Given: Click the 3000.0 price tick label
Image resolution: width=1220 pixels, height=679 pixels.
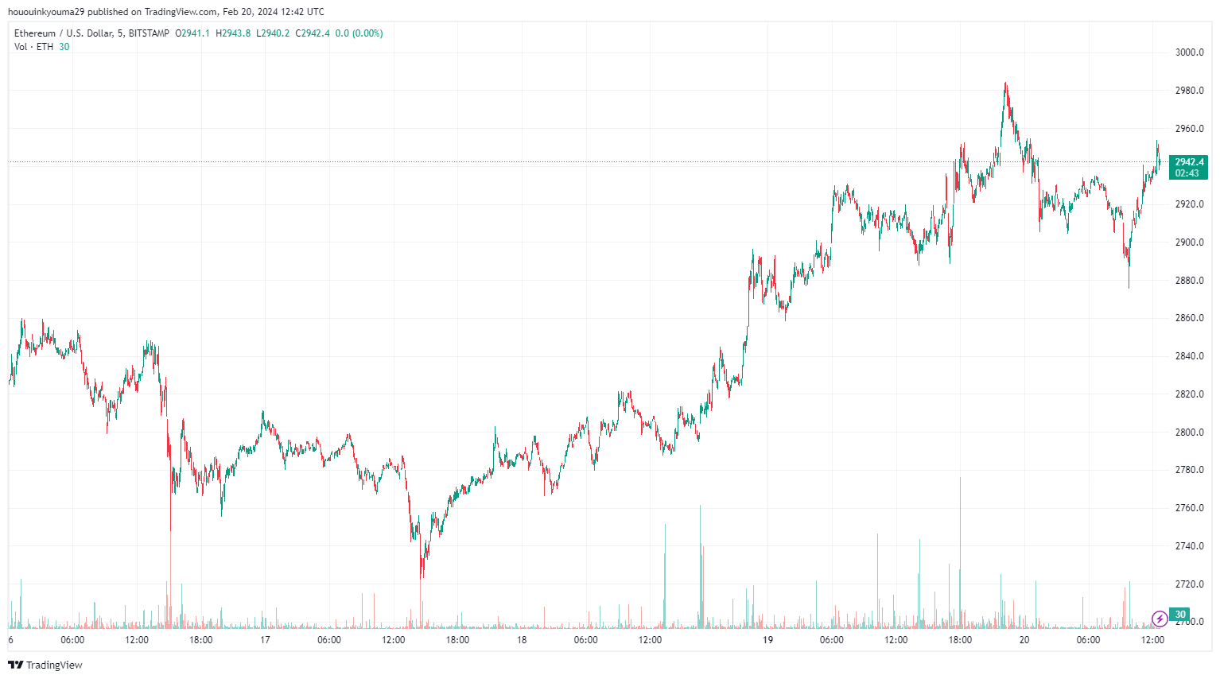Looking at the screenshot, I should pos(1189,52).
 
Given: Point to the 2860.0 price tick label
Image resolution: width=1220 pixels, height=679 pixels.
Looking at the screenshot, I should pos(1189,318).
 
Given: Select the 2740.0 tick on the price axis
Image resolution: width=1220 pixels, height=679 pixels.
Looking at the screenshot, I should pos(1189,546).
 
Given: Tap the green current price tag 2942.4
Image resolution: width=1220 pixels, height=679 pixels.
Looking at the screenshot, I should pos(1188,162).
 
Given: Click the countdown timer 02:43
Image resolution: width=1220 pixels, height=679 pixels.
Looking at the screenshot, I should pos(1187,173).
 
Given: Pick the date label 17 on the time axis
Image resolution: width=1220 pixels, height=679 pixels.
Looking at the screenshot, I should pos(265,640).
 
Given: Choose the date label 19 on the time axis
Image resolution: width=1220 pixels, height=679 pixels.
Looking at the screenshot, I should pos(767,640).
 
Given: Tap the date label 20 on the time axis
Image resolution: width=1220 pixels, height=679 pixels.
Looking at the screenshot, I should pos(1024,640).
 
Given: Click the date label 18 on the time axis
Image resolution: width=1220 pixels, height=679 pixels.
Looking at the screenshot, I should pos(522,640).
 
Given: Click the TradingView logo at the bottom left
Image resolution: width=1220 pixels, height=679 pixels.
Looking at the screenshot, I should pos(45,665).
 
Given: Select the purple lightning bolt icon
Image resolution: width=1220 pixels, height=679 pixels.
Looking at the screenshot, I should pos(1160,618).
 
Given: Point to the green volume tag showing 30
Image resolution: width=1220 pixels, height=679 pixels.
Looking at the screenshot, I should pos(1180,615).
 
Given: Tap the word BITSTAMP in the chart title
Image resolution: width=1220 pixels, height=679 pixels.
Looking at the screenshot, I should pos(149,33).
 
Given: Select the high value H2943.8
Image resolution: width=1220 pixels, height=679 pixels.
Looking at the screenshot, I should pos(233,33).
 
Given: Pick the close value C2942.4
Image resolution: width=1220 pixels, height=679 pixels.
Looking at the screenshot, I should pos(313,33).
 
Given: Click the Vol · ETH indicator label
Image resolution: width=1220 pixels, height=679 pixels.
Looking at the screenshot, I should pos(33,47).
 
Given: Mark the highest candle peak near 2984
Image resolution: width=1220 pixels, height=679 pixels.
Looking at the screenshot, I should pos(1005,83).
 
